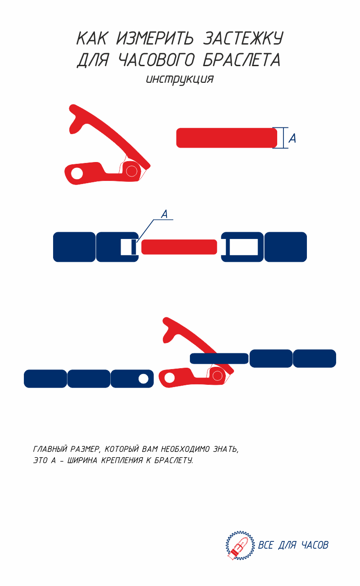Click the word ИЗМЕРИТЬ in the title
point(155,38)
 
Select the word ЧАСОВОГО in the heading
point(157,60)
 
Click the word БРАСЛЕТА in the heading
point(242,60)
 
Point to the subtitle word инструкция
point(180,80)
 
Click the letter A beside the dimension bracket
point(292,138)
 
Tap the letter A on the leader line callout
point(164,214)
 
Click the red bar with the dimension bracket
point(226,138)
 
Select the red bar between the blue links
point(179,247)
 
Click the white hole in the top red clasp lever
point(77,174)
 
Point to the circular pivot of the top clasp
point(131,171)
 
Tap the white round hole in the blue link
point(144,379)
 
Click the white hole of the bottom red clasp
point(169,378)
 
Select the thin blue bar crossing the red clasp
point(219,358)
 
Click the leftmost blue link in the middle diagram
point(74,247)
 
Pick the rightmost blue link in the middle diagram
point(285,247)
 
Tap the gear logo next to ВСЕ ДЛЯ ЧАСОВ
point(240,545)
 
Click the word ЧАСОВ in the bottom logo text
point(315,545)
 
